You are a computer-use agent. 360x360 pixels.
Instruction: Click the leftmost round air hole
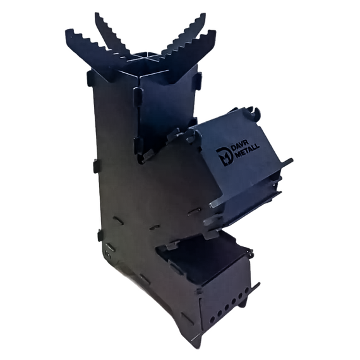click(213, 319)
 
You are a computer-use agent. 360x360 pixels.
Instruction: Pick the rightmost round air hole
click(247, 291)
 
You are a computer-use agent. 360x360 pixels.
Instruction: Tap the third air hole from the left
click(227, 308)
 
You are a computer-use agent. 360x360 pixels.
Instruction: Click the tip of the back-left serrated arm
click(97, 15)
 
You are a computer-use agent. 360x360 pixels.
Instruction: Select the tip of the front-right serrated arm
click(214, 32)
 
